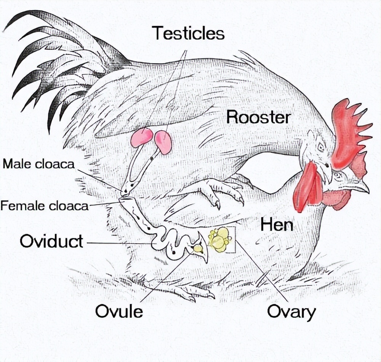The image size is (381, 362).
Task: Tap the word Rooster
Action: click(258, 118)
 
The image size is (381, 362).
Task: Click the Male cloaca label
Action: click(38, 164)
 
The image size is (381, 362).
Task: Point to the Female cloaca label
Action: click(44, 206)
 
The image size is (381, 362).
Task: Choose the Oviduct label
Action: click(51, 241)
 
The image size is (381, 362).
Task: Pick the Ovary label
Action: click(291, 312)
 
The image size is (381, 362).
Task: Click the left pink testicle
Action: click(142, 138)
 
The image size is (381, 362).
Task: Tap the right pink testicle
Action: click(163, 143)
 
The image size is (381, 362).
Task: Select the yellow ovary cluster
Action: click(220, 239)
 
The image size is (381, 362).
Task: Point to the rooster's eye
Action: click(321, 146)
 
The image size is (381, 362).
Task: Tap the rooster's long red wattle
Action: click(308, 187)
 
